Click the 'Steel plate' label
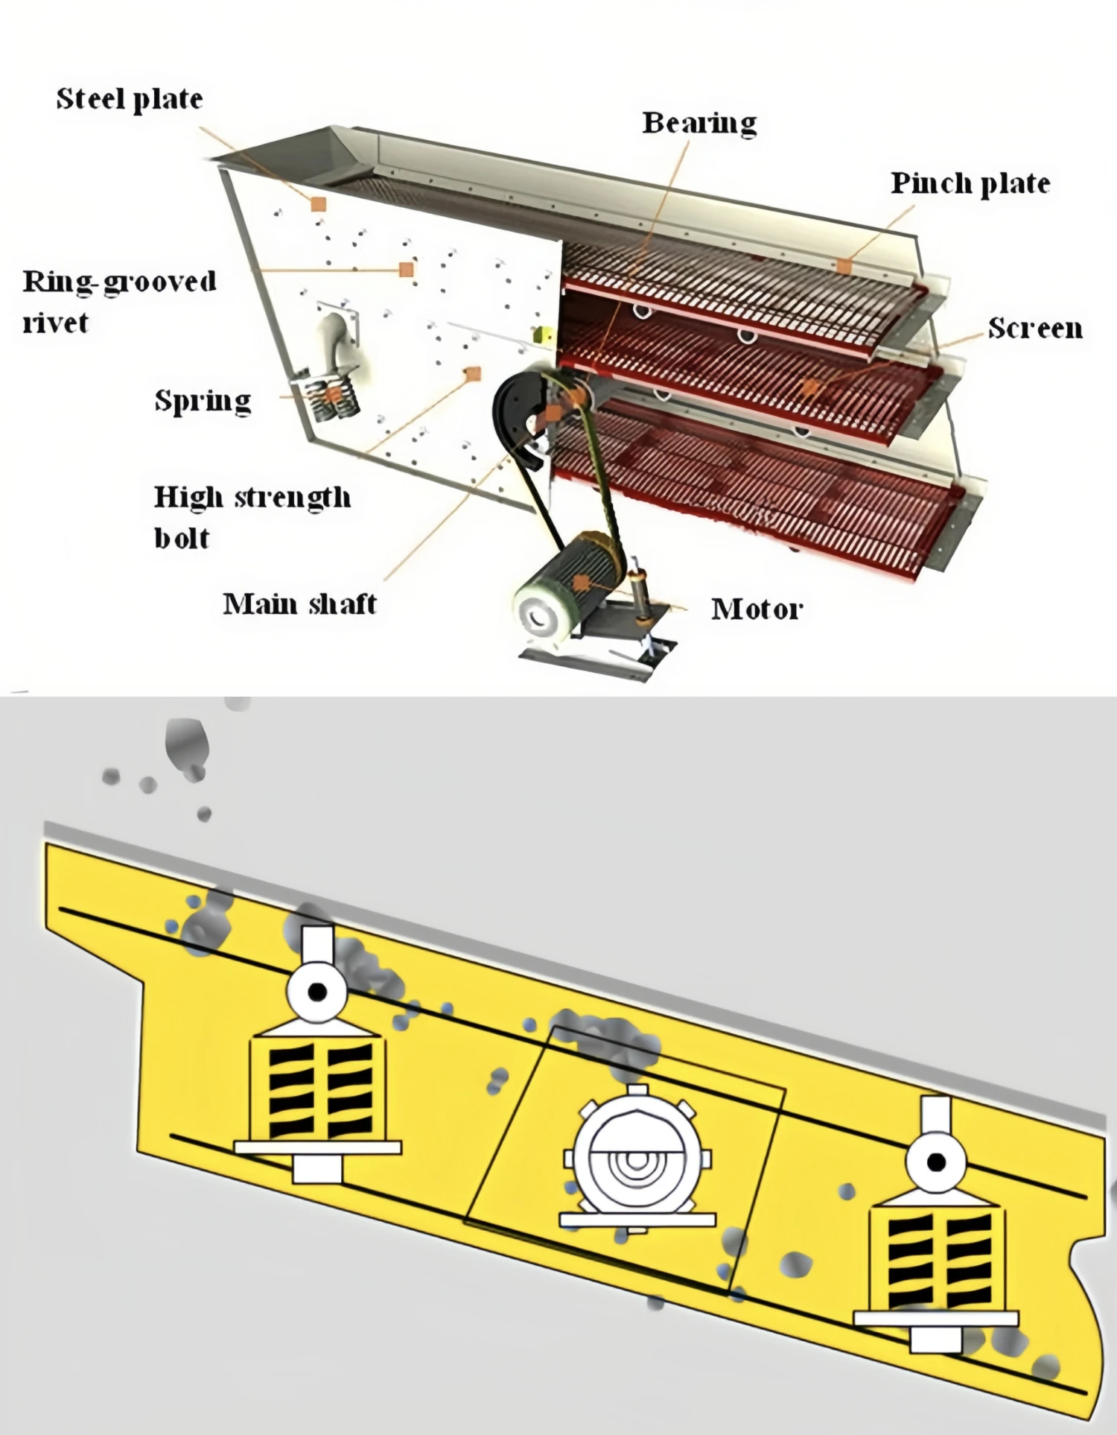pyautogui.click(x=130, y=99)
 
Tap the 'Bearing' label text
pyautogui.click(x=698, y=123)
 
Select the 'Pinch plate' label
pyautogui.click(x=970, y=183)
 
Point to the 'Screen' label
pyautogui.click(x=1034, y=328)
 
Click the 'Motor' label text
pyautogui.click(x=757, y=609)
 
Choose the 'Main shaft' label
pyautogui.click(x=299, y=604)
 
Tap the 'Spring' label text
pyautogui.click(x=203, y=401)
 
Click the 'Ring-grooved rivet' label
pyautogui.click(x=119, y=302)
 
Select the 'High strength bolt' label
pyautogui.click(x=251, y=516)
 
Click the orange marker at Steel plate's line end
pyautogui.click(x=319, y=204)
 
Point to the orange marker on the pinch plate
pyautogui.click(x=844, y=265)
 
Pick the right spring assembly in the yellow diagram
pyautogui.click(x=937, y=1259)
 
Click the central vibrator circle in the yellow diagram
pyautogui.click(x=636, y=1161)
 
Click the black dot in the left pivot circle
pyautogui.click(x=318, y=992)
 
